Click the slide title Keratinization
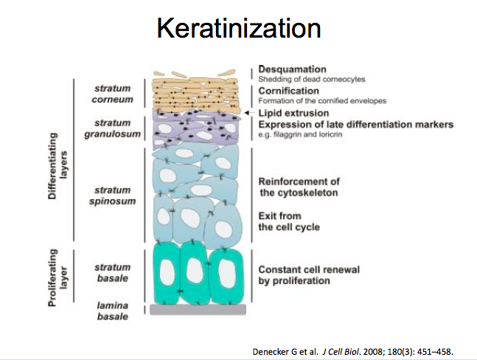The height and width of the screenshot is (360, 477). [x=238, y=29]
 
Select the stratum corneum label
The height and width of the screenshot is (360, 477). [x=112, y=91]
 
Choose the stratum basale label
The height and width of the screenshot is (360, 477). [x=112, y=272]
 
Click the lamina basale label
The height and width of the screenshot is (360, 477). [x=112, y=309]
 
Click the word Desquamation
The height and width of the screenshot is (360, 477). [x=293, y=69]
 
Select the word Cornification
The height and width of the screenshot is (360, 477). [x=289, y=90]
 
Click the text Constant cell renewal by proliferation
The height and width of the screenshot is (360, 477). [x=308, y=275]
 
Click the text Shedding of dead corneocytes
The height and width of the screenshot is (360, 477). [x=312, y=79]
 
